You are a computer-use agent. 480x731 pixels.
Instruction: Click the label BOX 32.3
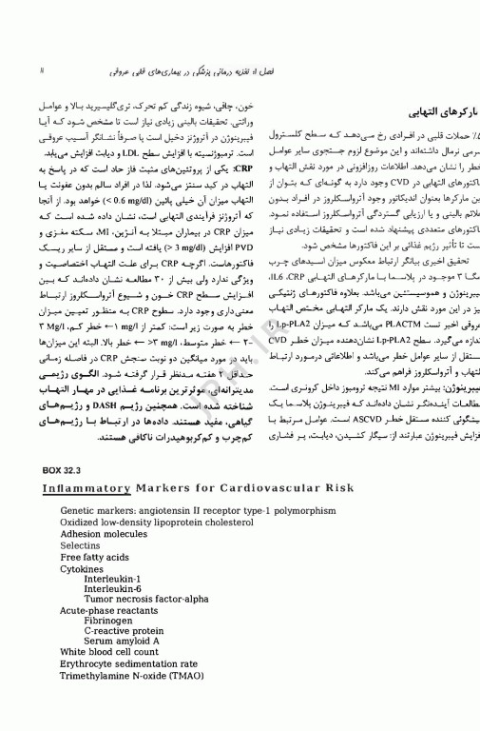pos(64,470)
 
